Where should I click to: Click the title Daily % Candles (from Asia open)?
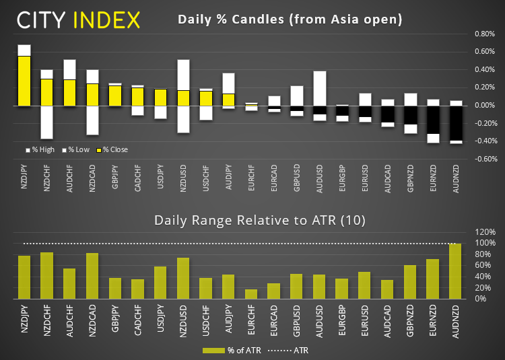click(290, 20)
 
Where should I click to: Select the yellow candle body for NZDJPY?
click(24, 81)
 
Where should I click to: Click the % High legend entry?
click(40, 149)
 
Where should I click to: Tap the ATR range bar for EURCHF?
click(252, 294)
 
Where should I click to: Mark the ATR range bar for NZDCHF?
click(47, 276)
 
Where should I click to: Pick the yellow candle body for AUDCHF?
click(70, 92)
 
